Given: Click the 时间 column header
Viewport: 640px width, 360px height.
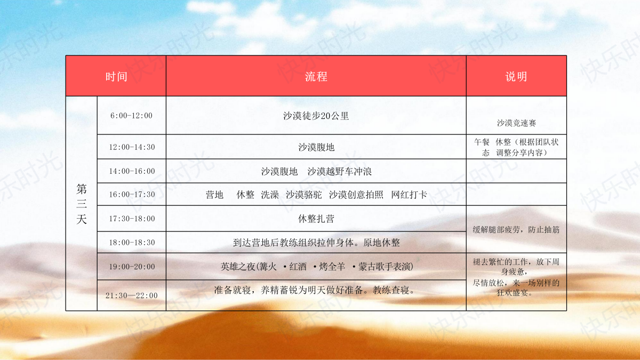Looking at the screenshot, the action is (x=116, y=77).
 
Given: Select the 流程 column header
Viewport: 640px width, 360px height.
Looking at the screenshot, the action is (x=316, y=77).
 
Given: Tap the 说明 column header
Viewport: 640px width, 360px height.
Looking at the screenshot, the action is (x=516, y=77).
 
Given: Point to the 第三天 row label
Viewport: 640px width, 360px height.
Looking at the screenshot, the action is (x=82, y=204).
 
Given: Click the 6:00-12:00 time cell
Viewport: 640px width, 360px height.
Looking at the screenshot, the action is (x=131, y=115).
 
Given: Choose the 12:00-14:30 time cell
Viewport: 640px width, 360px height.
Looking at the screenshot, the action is (x=132, y=147).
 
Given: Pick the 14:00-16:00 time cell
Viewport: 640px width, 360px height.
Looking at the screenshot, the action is (x=132, y=171).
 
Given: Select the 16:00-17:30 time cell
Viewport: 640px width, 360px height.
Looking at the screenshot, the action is (x=132, y=194).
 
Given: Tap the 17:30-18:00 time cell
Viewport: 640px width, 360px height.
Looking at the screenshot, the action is (x=132, y=219).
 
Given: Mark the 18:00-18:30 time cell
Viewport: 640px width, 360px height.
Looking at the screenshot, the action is (x=132, y=243).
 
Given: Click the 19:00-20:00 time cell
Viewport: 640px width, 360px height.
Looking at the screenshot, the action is (x=132, y=267).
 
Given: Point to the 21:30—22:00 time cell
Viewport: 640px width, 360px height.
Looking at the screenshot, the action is (x=131, y=295).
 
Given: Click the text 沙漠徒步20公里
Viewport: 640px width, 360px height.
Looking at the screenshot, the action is (x=316, y=116).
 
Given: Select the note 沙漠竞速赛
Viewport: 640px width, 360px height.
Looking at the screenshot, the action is (x=516, y=123).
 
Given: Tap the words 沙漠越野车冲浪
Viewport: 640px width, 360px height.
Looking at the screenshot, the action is (x=339, y=171).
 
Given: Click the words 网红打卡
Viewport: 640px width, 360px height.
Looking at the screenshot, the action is (x=409, y=195).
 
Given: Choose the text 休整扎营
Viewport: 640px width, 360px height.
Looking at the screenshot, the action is (x=316, y=219).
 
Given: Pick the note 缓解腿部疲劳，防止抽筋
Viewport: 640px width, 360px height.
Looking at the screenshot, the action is (x=516, y=229).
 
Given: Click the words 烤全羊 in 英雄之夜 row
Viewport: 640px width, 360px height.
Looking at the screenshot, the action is (x=332, y=267).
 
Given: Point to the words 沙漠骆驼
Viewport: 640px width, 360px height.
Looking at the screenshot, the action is (x=303, y=195).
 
